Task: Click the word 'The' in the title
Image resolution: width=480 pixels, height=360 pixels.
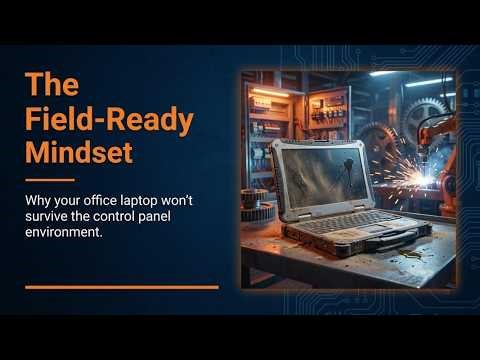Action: click(x=46, y=83)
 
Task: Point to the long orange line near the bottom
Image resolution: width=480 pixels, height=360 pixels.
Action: click(x=121, y=287)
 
